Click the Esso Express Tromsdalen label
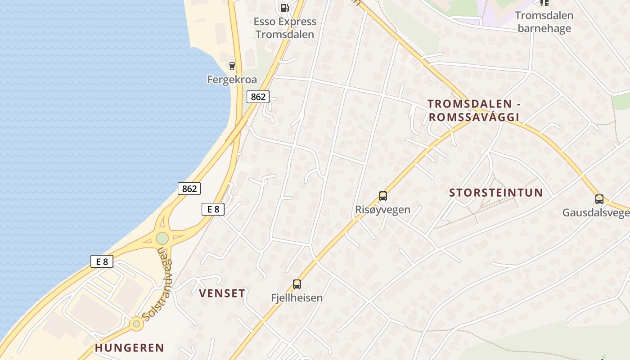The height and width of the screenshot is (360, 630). click(x=284, y=28)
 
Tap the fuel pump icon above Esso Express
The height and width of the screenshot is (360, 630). click(x=284, y=8)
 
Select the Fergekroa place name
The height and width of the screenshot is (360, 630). click(x=232, y=80)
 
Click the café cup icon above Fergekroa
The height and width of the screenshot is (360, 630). click(x=232, y=66)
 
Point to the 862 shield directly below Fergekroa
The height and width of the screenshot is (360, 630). click(x=258, y=96)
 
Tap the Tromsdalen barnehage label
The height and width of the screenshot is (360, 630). click(x=544, y=22)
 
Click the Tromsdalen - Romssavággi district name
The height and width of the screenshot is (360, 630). click(x=474, y=111)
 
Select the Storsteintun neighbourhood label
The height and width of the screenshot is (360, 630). click(x=496, y=193)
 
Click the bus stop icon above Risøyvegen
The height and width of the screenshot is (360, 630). click(x=383, y=196)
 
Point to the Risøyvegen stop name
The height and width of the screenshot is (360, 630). click(x=382, y=210)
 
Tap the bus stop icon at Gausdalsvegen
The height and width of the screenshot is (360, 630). click(x=599, y=199)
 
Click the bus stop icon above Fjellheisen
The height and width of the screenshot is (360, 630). click(x=297, y=284)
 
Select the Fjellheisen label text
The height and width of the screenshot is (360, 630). click(x=297, y=297)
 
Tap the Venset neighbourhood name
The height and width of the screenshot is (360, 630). click(x=222, y=293)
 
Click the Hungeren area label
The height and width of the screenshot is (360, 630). click(x=130, y=348)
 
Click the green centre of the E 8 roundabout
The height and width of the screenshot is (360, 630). click(x=162, y=238)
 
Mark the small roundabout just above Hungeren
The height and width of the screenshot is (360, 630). click(x=136, y=324)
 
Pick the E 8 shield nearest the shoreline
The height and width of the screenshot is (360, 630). click(x=102, y=261)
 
